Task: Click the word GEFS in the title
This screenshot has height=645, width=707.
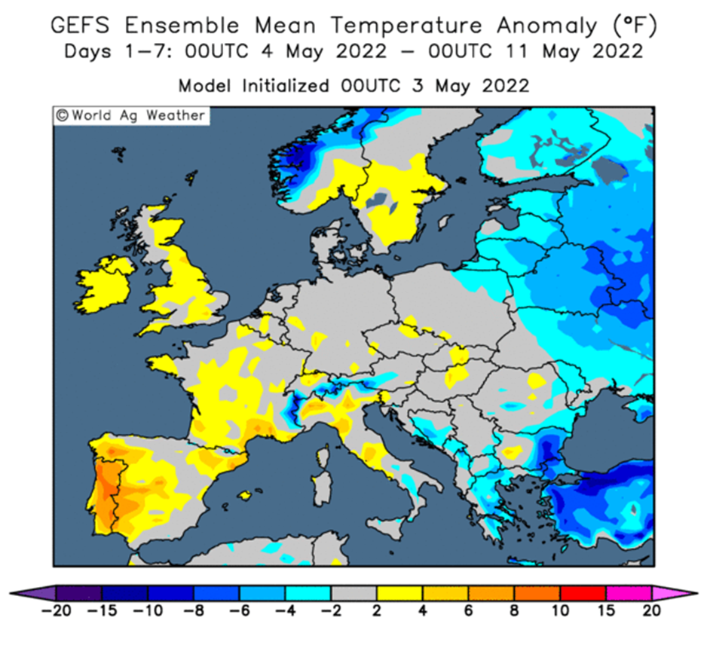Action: point(80,25)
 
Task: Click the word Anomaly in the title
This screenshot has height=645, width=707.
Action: point(547,26)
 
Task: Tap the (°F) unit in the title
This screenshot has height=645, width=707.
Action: point(635,26)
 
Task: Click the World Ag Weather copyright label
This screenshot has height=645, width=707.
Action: point(131,116)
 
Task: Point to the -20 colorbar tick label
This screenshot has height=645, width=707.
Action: point(57,611)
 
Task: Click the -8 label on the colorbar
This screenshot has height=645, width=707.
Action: point(194,611)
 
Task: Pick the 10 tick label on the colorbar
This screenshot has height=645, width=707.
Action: point(560,611)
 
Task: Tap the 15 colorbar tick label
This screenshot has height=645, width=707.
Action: point(606,611)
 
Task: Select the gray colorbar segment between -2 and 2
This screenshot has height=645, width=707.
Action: point(354,593)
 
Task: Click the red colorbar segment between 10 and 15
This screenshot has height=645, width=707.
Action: point(583,593)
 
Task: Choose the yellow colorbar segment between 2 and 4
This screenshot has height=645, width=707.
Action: point(399,593)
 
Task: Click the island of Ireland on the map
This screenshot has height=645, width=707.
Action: point(105,285)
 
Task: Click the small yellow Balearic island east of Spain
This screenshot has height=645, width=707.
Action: point(245,495)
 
